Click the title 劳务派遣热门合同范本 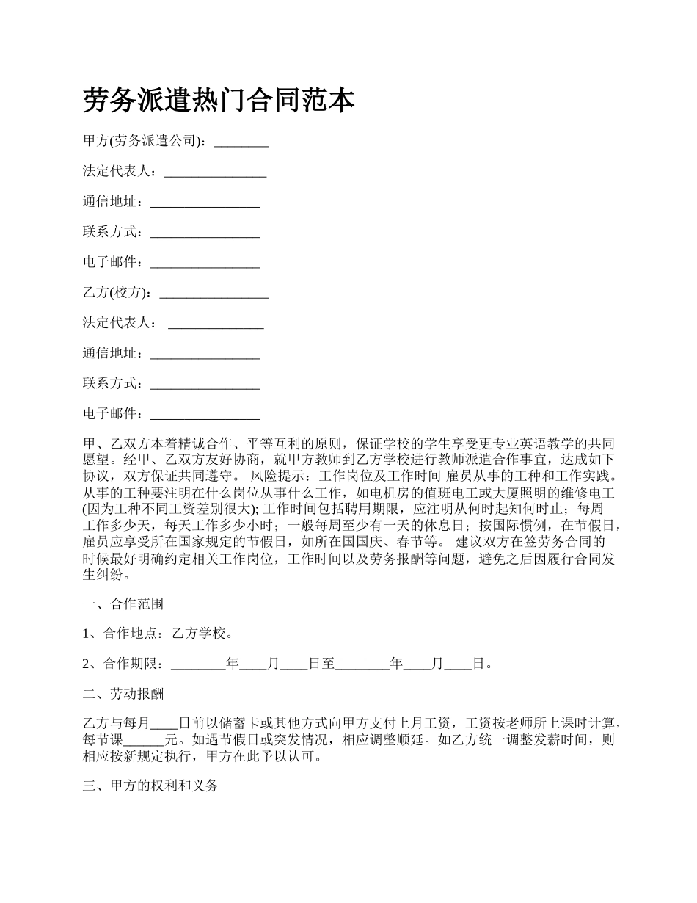[219, 101]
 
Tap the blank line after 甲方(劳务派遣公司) [241, 142]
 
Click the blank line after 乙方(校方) [214, 293]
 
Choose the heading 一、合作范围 [123, 603]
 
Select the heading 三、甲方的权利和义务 [150, 786]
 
